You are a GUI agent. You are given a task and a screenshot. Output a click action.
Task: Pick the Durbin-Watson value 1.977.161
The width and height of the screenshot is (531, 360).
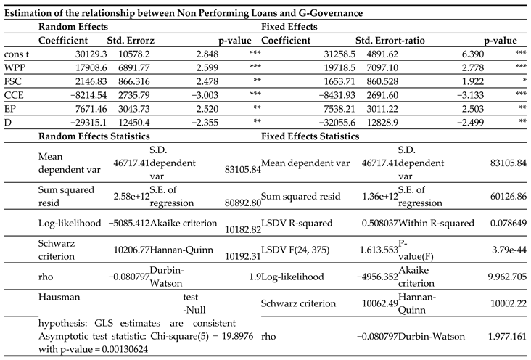(507, 337)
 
